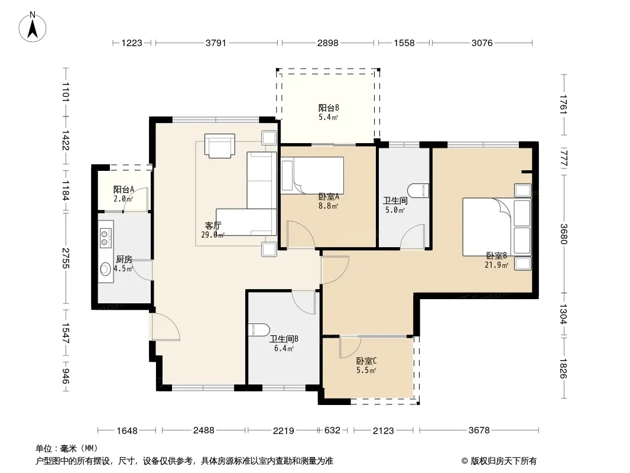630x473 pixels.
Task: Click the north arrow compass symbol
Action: (33, 27)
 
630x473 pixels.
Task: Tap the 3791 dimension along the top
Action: (216, 43)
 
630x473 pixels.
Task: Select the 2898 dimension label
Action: (328, 43)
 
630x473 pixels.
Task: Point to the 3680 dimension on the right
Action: (563, 234)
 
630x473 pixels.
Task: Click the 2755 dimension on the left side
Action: (66, 258)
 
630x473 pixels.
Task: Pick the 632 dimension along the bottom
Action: (332, 430)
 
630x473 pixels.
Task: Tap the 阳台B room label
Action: (329, 108)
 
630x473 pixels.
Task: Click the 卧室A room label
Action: (329, 196)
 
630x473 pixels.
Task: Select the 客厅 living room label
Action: (213, 226)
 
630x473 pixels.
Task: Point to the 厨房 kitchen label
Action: (124, 260)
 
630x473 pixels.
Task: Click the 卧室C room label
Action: (366, 361)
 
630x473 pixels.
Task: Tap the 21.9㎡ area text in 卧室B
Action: (496, 265)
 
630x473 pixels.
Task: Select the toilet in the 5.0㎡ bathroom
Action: (418, 190)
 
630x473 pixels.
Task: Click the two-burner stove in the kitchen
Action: (106, 237)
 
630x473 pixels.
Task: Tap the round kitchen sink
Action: (105, 269)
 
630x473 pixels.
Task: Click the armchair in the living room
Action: (219, 145)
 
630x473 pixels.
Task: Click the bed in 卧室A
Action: (312, 176)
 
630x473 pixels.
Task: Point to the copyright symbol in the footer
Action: (465, 461)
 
